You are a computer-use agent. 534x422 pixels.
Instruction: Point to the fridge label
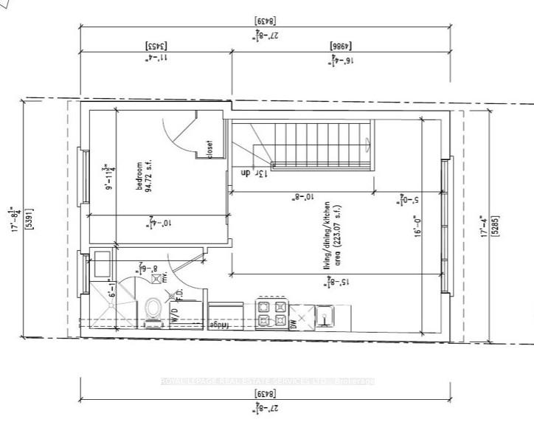221,325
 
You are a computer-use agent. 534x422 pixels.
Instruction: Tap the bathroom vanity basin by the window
103,262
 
